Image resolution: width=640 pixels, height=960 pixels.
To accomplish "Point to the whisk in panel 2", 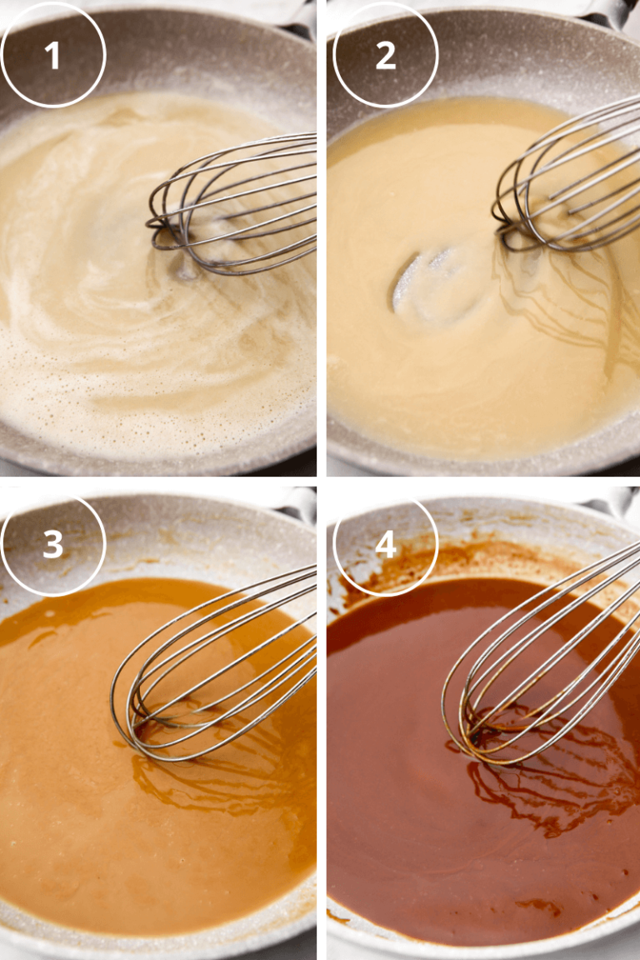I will pyautogui.click(x=575, y=175).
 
